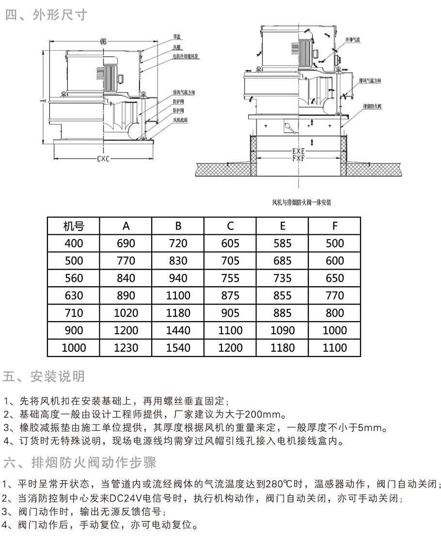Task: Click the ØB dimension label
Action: tap(103, 41)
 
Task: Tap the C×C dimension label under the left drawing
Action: tap(102, 159)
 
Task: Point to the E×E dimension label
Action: tap(299, 151)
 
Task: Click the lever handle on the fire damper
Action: tap(289, 127)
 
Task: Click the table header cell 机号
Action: tap(74, 226)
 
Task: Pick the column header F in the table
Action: tap(335, 226)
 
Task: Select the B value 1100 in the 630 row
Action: tap(178, 295)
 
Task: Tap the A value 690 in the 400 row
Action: tap(126, 244)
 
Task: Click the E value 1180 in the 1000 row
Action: tap(283, 348)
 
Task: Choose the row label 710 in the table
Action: tap(74, 313)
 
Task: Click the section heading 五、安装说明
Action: tap(44, 376)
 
